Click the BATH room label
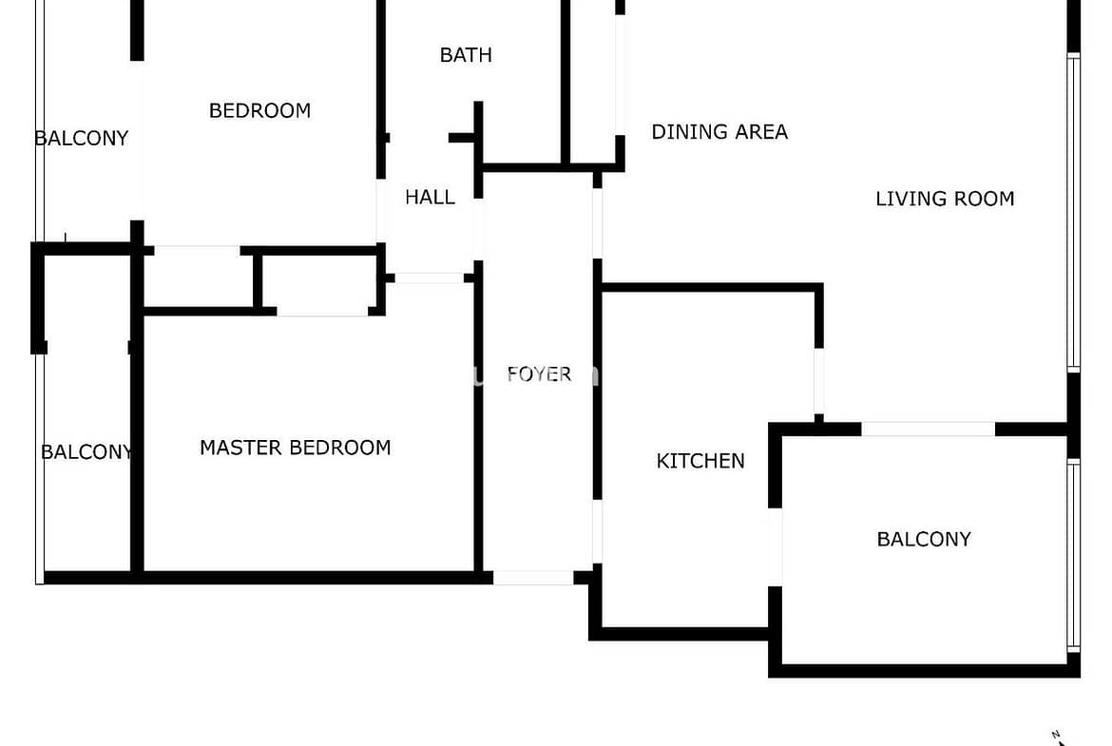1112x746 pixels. coord(466,55)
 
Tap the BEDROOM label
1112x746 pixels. coord(259,110)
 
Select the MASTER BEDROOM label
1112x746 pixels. coord(295,448)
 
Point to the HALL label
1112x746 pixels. coord(430,198)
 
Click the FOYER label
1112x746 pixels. coord(539,373)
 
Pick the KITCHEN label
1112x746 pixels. coord(700,461)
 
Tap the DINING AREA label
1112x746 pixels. coord(719,132)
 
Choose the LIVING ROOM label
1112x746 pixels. coord(945,199)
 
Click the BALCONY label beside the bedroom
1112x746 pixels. coord(82,139)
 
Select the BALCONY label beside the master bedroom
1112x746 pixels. coord(86,452)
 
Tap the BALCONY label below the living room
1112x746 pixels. coord(924,540)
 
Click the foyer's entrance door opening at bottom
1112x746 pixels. coord(533,577)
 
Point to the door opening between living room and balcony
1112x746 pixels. coord(928,430)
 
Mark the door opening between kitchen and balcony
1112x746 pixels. coord(776,546)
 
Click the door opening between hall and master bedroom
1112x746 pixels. coord(430,278)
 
